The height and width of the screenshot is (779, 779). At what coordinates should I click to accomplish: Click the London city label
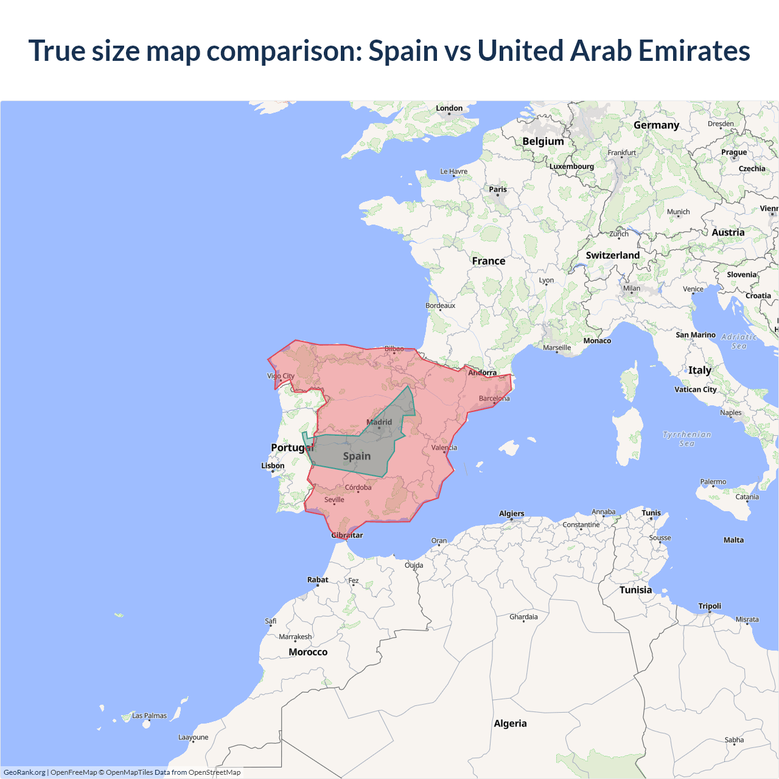pyautogui.click(x=449, y=108)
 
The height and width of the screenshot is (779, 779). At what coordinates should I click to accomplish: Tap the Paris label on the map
pyautogui.click(x=498, y=189)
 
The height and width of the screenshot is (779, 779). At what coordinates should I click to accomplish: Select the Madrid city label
pyautogui.click(x=379, y=422)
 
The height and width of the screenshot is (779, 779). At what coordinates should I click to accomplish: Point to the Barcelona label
pyautogui.click(x=494, y=399)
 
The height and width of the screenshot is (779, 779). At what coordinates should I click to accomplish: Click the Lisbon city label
pyautogui.click(x=273, y=466)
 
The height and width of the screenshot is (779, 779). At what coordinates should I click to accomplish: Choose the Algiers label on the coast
pyautogui.click(x=511, y=514)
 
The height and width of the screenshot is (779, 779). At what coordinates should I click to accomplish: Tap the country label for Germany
pyautogui.click(x=656, y=125)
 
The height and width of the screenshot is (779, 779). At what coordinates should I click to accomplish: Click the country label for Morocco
pyautogui.click(x=308, y=652)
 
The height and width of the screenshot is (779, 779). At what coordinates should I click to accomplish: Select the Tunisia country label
pyautogui.click(x=635, y=590)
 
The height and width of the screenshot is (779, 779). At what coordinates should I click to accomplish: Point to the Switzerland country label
pyautogui.click(x=612, y=255)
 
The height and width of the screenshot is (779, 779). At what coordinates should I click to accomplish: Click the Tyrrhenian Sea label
pyautogui.click(x=686, y=439)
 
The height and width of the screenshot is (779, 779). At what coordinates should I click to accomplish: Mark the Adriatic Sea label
pyautogui.click(x=739, y=341)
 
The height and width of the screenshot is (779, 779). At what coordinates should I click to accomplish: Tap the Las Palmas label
pyautogui.click(x=149, y=716)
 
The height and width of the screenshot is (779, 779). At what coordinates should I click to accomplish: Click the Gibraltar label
pyautogui.click(x=347, y=536)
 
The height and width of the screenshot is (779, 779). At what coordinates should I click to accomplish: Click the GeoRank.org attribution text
pyautogui.click(x=24, y=772)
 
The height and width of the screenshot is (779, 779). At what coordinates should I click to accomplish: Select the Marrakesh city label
pyautogui.click(x=295, y=637)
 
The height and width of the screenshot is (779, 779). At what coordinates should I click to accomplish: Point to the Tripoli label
pyautogui.click(x=710, y=606)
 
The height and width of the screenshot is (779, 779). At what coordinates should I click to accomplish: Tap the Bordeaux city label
pyautogui.click(x=440, y=306)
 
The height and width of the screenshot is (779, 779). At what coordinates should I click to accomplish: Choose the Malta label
pyautogui.click(x=733, y=540)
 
